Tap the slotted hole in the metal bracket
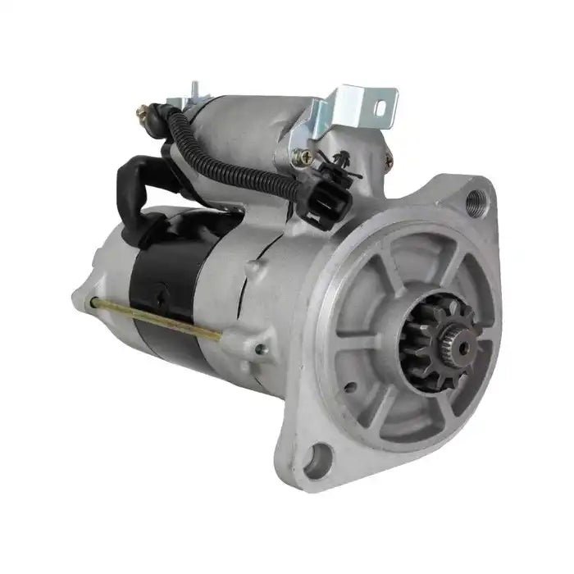click(380, 105)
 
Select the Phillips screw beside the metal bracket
click(307, 156)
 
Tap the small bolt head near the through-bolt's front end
click(260, 350)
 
